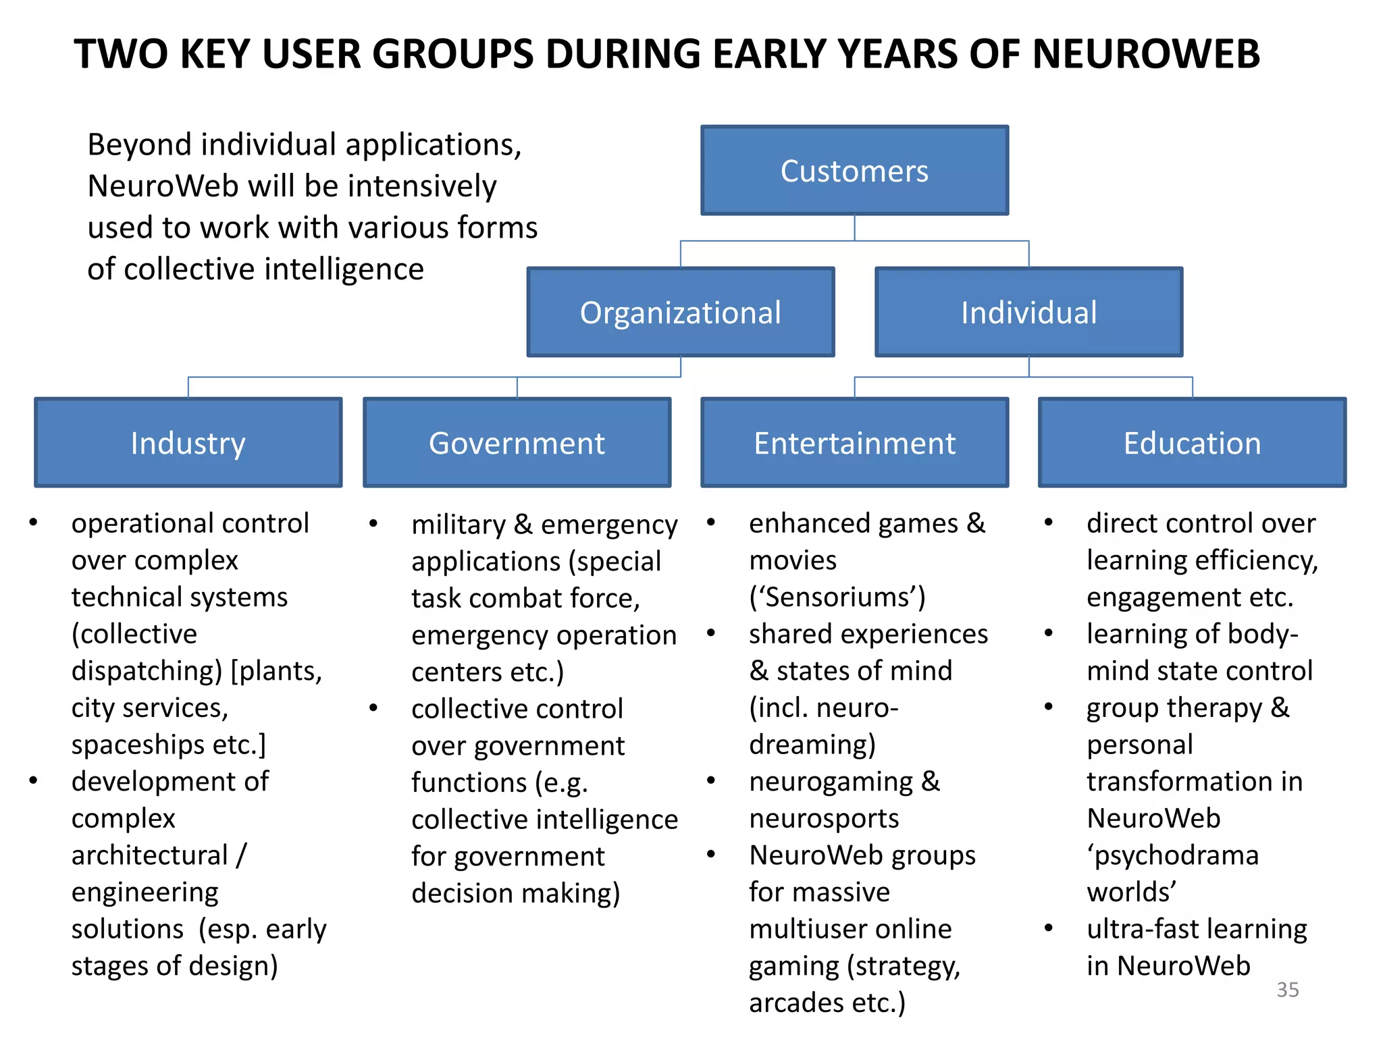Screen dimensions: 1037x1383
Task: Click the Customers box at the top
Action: coord(854,171)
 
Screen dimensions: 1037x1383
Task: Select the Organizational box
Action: coord(680,313)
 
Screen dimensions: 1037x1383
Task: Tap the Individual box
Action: coord(1028,313)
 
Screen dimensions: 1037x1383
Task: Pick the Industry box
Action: coord(188,443)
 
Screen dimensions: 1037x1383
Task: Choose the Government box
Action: coord(517,443)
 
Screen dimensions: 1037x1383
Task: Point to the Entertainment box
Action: coord(854,443)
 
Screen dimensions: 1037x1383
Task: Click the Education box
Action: coord(1192,443)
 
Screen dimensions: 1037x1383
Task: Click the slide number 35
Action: coord(1287,990)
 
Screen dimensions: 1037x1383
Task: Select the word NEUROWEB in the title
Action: coord(1146,54)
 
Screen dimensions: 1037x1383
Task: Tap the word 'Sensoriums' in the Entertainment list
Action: coord(837,597)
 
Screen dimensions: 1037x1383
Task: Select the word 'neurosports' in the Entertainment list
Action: coord(824,818)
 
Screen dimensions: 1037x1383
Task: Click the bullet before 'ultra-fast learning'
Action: coord(1048,928)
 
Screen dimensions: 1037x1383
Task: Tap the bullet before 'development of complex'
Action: coord(33,780)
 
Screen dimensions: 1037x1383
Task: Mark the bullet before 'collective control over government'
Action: coord(373,708)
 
